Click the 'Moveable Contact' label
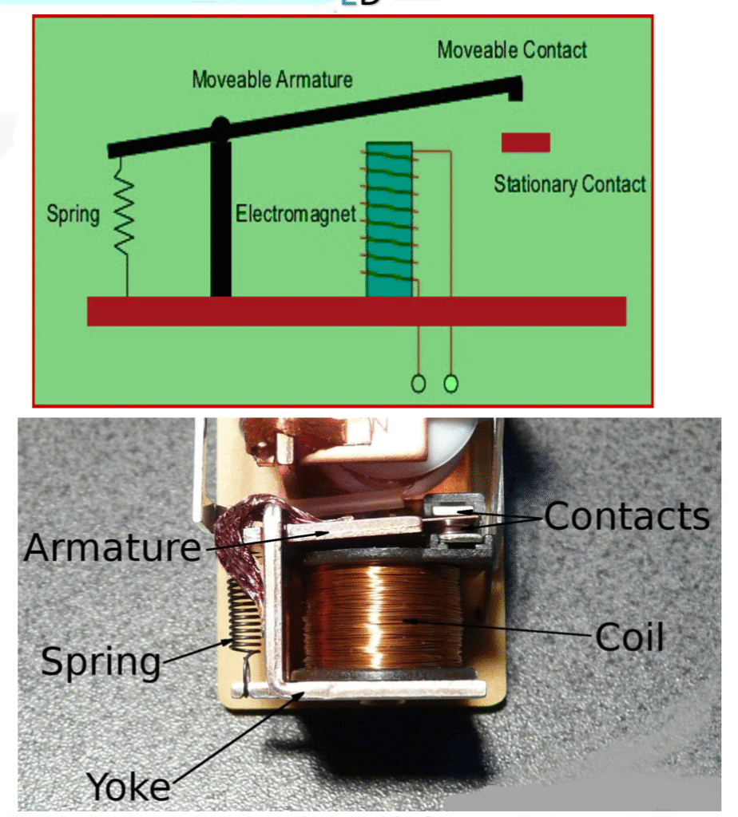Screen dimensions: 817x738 pyautogui.click(x=512, y=50)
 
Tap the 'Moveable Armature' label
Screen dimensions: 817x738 pyautogui.click(x=272, y=80)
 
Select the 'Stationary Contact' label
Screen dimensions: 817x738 pyautogui.click(x=569, y=184)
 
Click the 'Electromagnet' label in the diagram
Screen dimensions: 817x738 pyautogui.click(x=295, y=215)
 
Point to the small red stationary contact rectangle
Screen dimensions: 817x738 pyautogui.click(x=526, y=142)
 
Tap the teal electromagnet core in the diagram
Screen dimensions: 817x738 pyautogui.click(x=389, y=219)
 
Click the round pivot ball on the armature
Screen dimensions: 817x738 pyautogui.click(x=220, y=126)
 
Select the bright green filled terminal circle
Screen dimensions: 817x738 pyautogui.click(x=451, y=384)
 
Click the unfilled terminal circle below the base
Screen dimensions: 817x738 pyautogui.click(x=418, y=384)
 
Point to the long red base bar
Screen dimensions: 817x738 pyautogui.click(x=356, y=311)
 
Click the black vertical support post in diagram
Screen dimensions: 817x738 pyautogui.click(x=220, y=219)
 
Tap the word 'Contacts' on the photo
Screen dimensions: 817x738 pyautogui.click(x=627, y=517)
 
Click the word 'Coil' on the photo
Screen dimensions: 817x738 pyautogui.click(x=629, y=637)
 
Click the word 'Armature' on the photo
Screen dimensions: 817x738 pyautogui.click(x=112, y=548)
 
